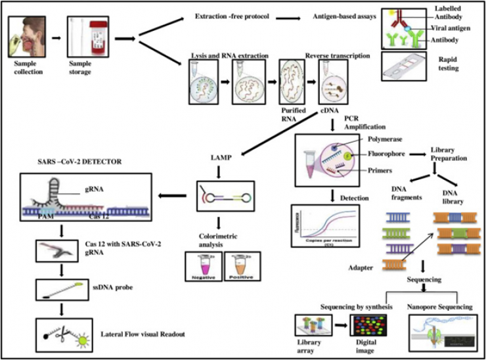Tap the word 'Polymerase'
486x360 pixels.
[x=397, y=141]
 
